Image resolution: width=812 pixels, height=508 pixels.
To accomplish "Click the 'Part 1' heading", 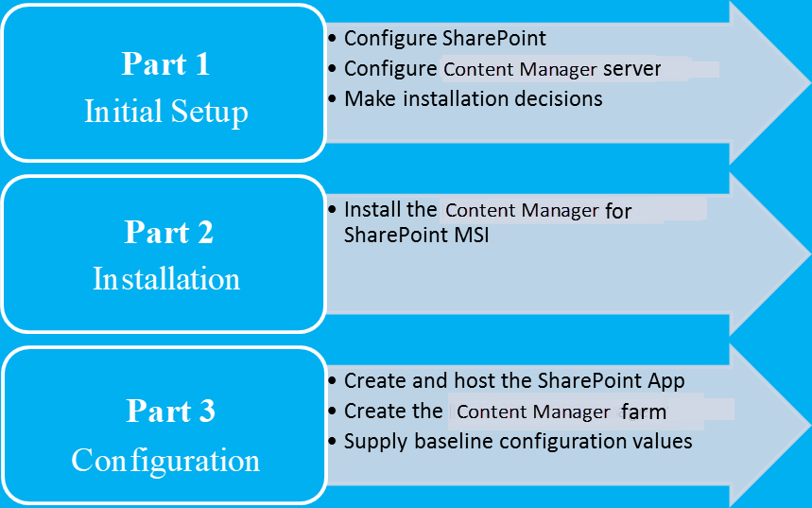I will [x=165, y=64].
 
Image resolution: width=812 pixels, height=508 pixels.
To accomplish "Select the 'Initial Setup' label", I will [x=165, y=112].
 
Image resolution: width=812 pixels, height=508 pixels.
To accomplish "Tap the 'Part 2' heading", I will [x=168, y=232].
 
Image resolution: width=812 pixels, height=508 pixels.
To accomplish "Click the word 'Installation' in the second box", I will [x=166, y=279].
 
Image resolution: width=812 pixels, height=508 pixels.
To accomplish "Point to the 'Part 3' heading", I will [x=170, y=412].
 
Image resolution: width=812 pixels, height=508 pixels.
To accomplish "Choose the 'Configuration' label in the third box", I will [x=165, y=461].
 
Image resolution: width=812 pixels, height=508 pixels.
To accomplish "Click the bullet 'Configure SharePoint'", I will [x=444, y=39].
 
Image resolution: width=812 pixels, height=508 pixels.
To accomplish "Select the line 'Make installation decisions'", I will [x=473, y=98].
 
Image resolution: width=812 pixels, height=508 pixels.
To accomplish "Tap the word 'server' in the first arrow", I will [x=631, y=69].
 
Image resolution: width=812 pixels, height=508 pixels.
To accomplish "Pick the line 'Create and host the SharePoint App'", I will [x=514, y=381].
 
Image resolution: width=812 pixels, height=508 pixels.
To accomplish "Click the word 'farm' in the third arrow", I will [x=644, y=412].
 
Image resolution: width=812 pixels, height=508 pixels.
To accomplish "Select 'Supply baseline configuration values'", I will [x=518, y=442].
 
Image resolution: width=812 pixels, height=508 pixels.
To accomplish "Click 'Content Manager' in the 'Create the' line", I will [x=533, y=412].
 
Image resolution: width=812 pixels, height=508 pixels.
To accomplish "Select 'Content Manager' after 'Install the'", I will [x=522, y=210].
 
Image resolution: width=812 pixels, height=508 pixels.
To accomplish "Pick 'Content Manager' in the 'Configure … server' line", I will [x=520, y=69].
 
